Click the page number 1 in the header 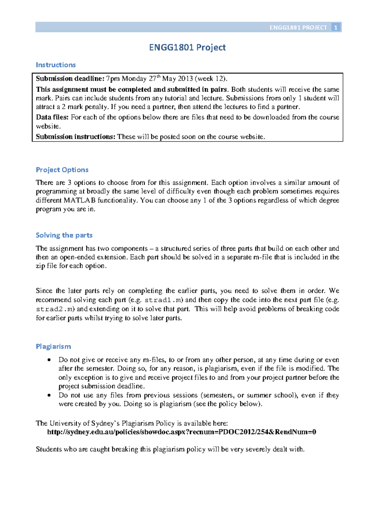point(336,28)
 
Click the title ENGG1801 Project point(187,47)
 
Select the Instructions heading point(56,65)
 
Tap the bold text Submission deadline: point(70,78)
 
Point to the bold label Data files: point(52,117)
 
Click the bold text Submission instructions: point(76,137)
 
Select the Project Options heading point(62,170)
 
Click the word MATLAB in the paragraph point(80,200)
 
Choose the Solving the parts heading point(64,235)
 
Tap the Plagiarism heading point(53,346)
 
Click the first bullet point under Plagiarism point(49,360)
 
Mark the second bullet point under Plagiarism point(49,395)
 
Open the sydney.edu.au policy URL point(182,432)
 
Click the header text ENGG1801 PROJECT point(298,28)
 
